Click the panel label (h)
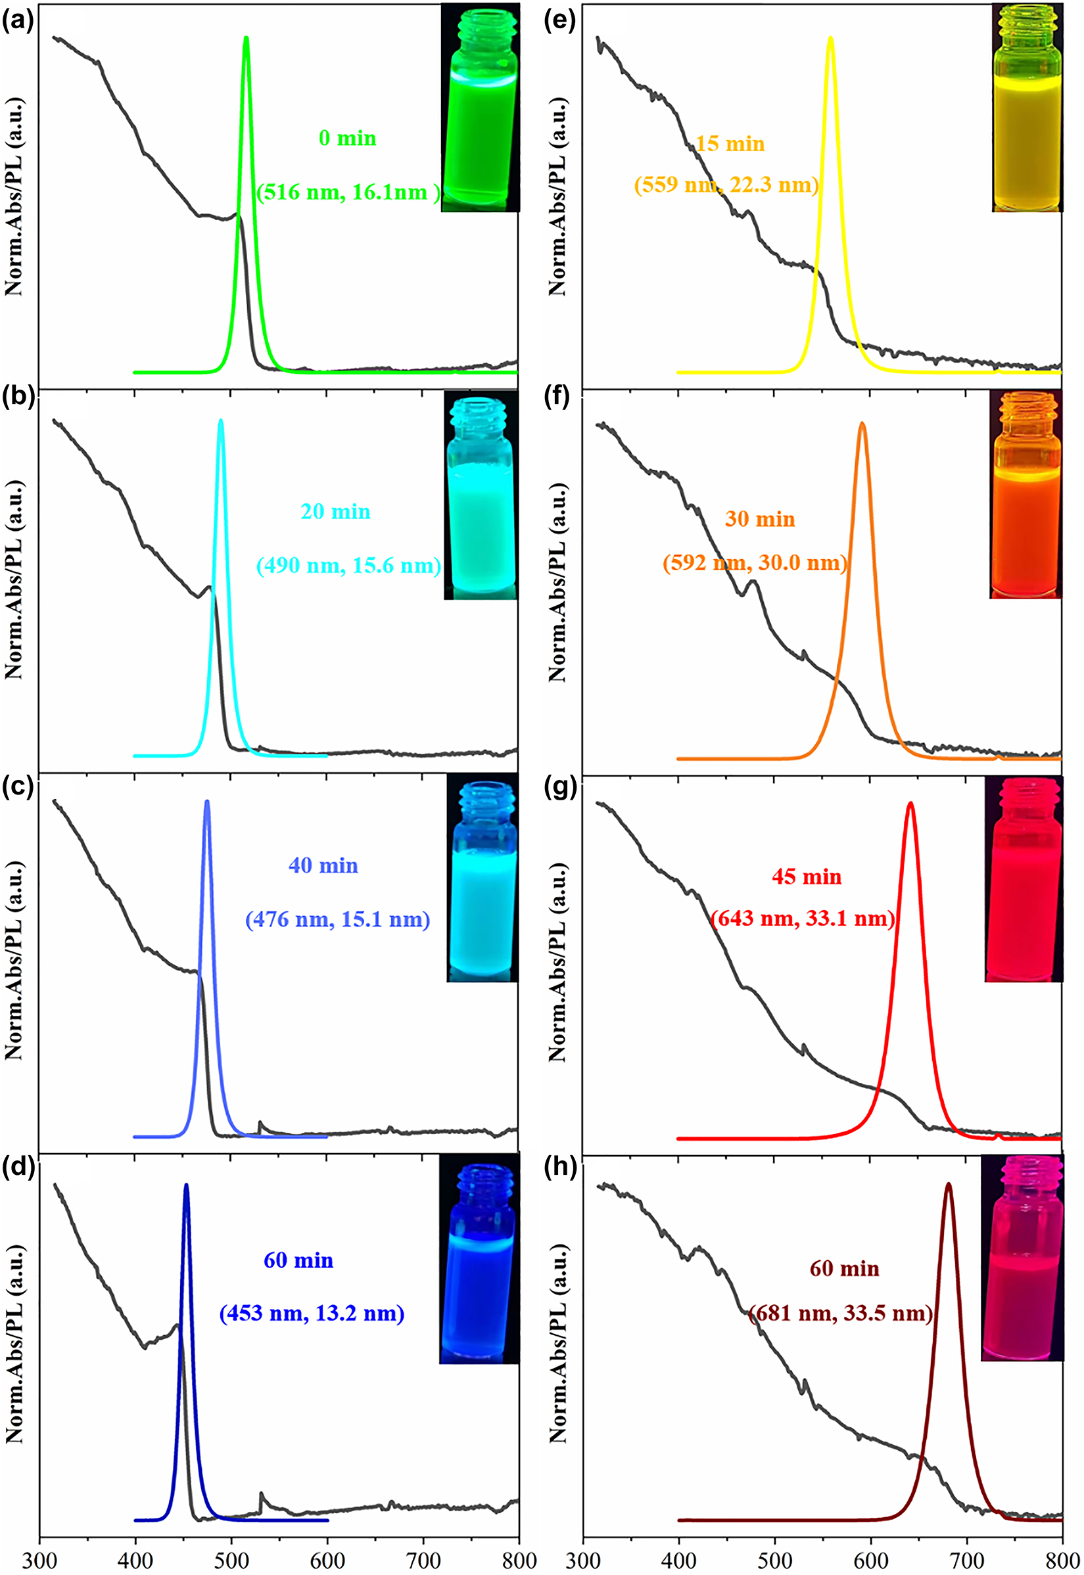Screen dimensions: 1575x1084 (x=561, y=1166)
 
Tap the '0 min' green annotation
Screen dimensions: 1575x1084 (x=347, y=139)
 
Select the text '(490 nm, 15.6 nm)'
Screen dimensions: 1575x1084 (x=348, y=566)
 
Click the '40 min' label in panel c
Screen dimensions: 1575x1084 (x=323, y=865)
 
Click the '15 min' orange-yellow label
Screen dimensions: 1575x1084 (x=730, y=144)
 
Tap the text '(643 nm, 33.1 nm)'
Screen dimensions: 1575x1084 (x=803, y=919)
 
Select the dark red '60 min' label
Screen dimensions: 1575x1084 (x=844, y=1269)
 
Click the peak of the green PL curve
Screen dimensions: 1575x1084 (x=246, y=39)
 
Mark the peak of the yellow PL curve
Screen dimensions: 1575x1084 (x=830, y=39)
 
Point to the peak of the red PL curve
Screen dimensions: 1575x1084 (x=910, y=804)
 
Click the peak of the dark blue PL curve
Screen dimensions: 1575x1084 (x=186, y=1185)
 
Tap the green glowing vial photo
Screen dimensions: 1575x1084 (x=480, y=107)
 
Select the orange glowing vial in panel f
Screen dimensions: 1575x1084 (x=1025, y=494)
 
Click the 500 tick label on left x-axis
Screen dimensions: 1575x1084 (x=231, y=1560)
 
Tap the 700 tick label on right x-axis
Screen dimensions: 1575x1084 (x=966, y=1560)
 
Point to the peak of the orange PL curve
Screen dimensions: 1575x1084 (x=862, y=424)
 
